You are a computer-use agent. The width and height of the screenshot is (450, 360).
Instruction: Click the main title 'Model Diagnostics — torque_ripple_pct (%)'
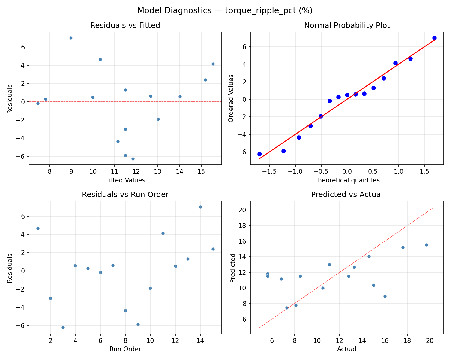(225, 11)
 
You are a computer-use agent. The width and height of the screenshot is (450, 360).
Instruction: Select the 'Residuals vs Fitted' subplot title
(125, 25)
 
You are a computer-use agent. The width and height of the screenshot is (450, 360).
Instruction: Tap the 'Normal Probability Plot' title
(347, 25)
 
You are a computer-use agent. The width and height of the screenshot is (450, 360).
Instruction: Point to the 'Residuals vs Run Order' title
(125, 195)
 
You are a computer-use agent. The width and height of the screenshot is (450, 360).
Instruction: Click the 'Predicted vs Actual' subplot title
(347, 195)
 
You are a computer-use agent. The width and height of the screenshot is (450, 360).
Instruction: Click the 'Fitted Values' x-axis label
(125, 180)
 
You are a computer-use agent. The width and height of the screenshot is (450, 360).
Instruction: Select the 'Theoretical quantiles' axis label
(347, 180)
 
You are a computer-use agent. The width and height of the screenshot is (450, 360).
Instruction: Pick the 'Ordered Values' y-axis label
(231, 98)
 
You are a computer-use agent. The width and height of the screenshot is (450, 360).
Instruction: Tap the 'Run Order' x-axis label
(125, 349)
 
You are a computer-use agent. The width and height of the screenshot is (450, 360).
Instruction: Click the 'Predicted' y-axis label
(232, 268)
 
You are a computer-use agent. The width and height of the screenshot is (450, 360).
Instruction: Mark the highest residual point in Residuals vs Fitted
(71, 38)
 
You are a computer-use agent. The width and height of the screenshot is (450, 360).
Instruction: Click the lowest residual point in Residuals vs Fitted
(133, 159)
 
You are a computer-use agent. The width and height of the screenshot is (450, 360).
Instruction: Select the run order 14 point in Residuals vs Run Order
(200, 207)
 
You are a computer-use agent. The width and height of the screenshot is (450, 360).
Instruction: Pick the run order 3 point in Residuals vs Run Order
(63, 328)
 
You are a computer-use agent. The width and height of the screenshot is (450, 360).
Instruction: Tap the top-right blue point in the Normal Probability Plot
(434, 38)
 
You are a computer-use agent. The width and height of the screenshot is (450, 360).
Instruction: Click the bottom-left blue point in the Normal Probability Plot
(259, 154)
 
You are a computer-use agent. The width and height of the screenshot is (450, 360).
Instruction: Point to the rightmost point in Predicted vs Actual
(427, 245)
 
